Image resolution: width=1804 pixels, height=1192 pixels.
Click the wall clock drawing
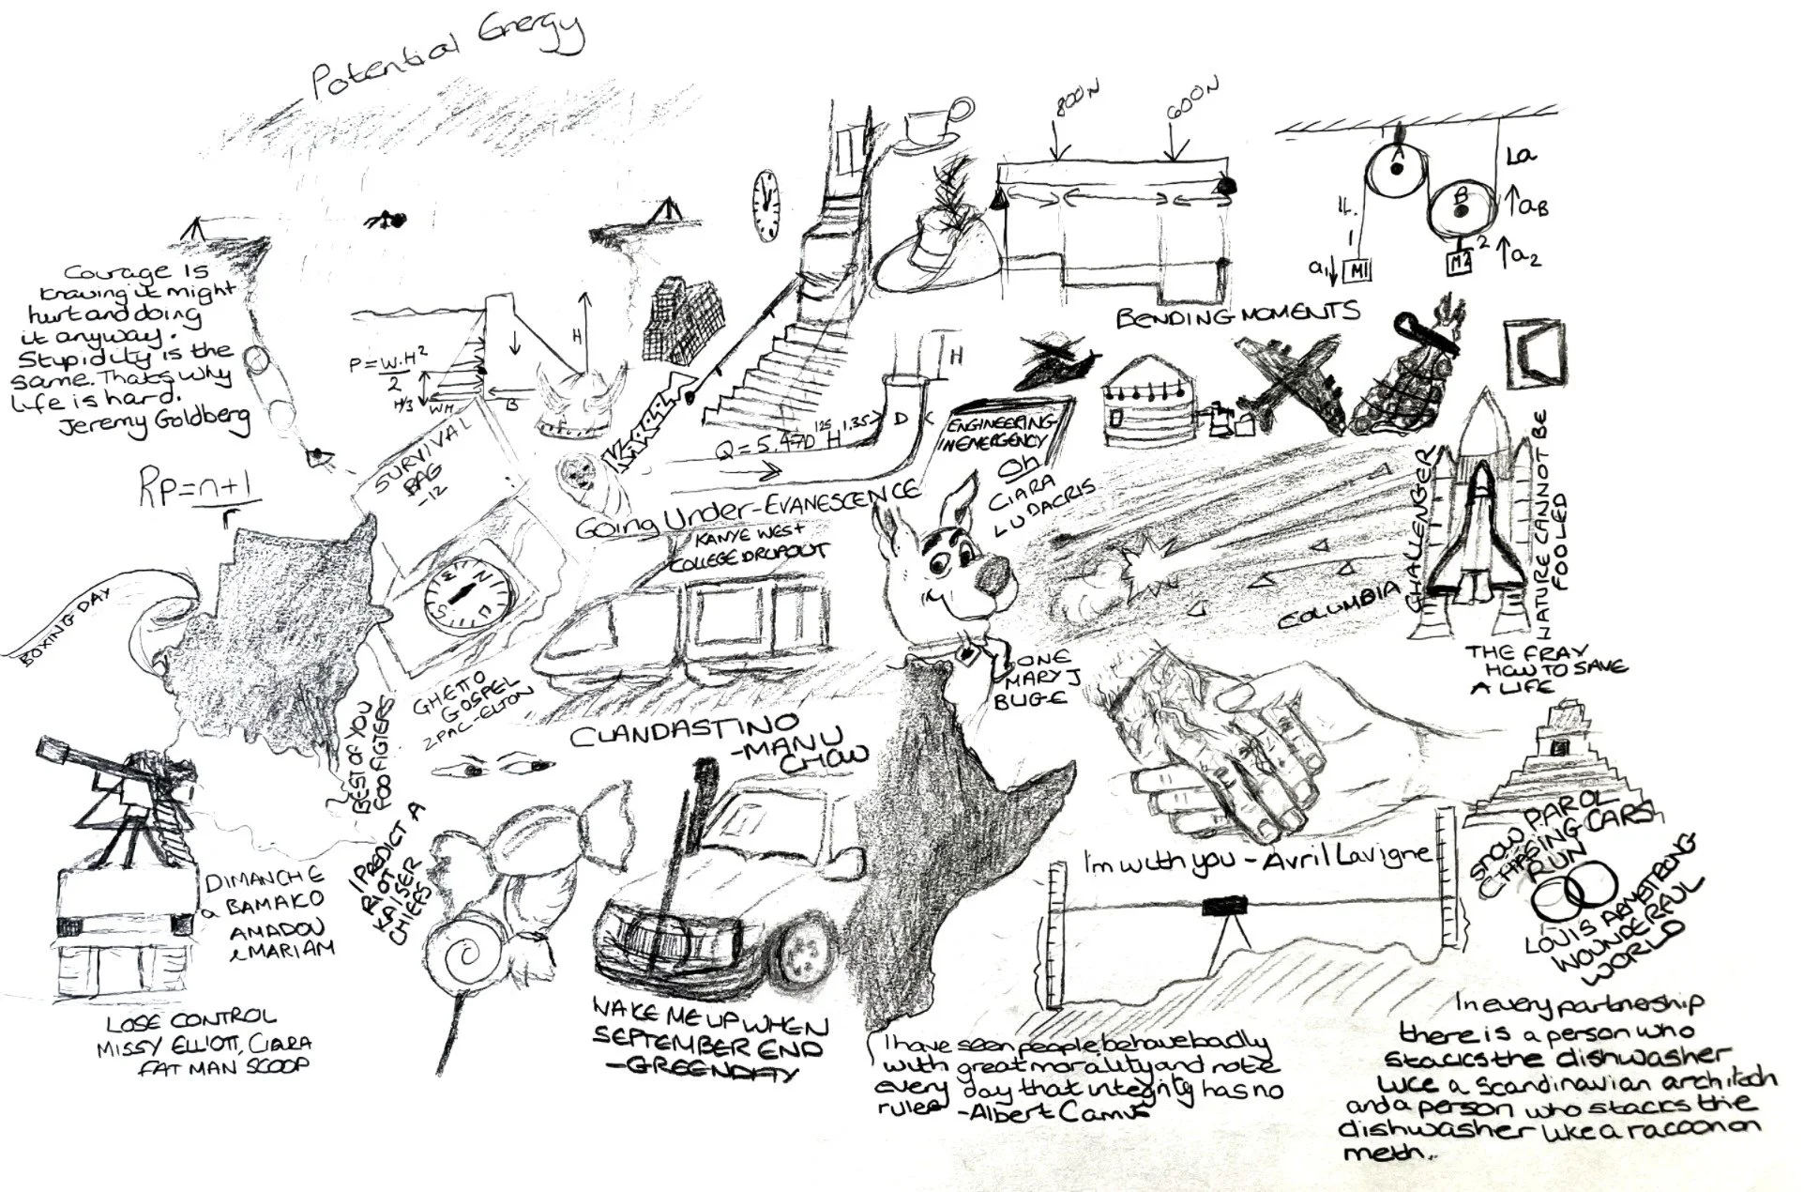766,206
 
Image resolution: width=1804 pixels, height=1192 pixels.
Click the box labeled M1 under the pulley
1357,270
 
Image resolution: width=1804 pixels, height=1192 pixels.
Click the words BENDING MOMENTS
1236,315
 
